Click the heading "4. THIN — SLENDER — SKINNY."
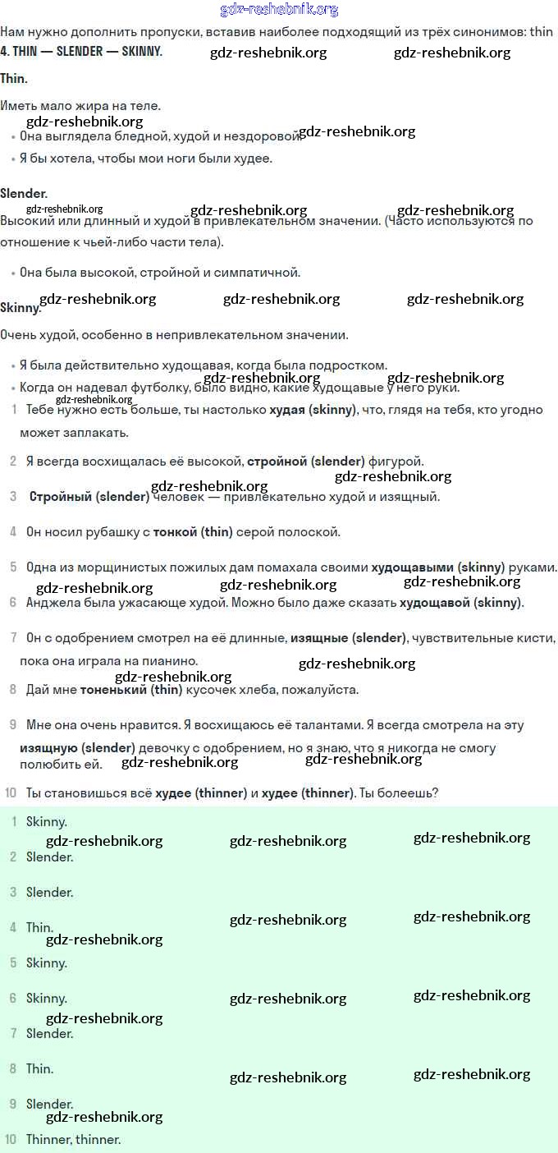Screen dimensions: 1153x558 coord(81,52)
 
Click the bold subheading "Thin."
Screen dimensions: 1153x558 coord(14,79)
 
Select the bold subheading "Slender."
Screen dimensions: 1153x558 coord(24,194)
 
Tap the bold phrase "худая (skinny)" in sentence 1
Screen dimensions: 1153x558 coord(313,410)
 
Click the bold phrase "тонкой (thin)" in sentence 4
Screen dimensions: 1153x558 coord(193,532)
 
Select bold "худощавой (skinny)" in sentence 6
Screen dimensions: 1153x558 coord(460,603)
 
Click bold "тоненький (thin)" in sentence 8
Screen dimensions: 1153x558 coord(130,690)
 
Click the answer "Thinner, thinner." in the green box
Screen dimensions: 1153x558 coord(73,1140)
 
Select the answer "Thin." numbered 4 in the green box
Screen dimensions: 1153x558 coord(39,927)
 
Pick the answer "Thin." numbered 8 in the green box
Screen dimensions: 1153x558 coord(39,1069)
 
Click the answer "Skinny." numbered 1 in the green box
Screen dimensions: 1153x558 coord(46,821)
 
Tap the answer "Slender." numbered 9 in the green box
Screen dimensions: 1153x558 coord(49,1105)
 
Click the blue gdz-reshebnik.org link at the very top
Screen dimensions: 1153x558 coord(279,10)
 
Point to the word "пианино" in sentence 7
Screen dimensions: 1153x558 coord(173,661)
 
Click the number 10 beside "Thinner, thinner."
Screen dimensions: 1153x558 coord(10,1140)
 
